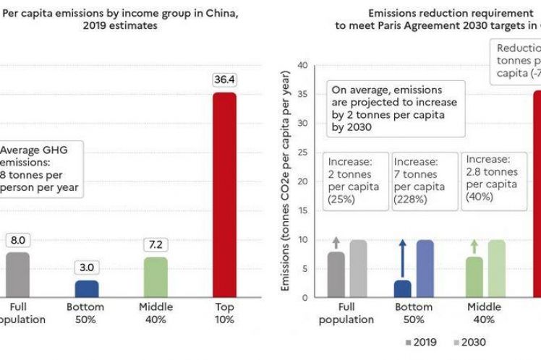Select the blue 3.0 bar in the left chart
click(x=86, y=288)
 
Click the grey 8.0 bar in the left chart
click(x=17, y=275)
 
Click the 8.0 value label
click(x=17, y=239)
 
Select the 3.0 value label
click(x=86, y=266)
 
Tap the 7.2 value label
click(x=155, y=244)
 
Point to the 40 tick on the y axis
click(x=304, y=65)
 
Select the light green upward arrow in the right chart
click(x=474, y=247)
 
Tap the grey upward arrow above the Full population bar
click(x=336, y=242)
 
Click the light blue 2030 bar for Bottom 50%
click(x=425, y=268)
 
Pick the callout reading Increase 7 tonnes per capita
click(x=424, y=181)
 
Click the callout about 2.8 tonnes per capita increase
click(x=495, y=180)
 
